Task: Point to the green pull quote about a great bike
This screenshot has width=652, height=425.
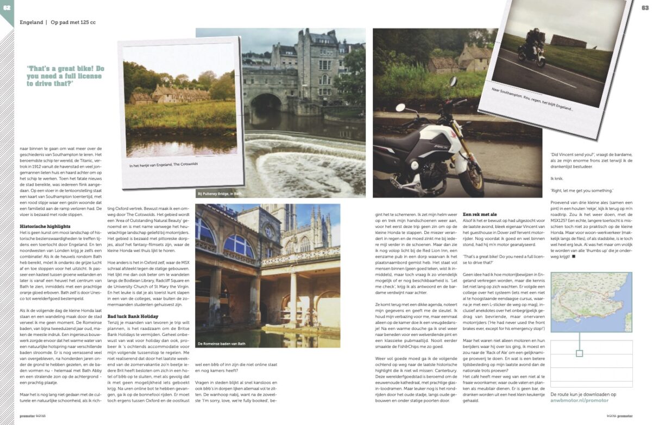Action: (65, 76)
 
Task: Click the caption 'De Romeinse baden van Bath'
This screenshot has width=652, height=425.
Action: (222, 344)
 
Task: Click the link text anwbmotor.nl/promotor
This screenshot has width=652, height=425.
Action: (579, 401)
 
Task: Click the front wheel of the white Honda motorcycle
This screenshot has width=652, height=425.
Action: (464, 169)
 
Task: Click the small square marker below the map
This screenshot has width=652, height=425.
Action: (580, 353)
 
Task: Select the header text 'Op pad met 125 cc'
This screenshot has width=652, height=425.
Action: (73, 23)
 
